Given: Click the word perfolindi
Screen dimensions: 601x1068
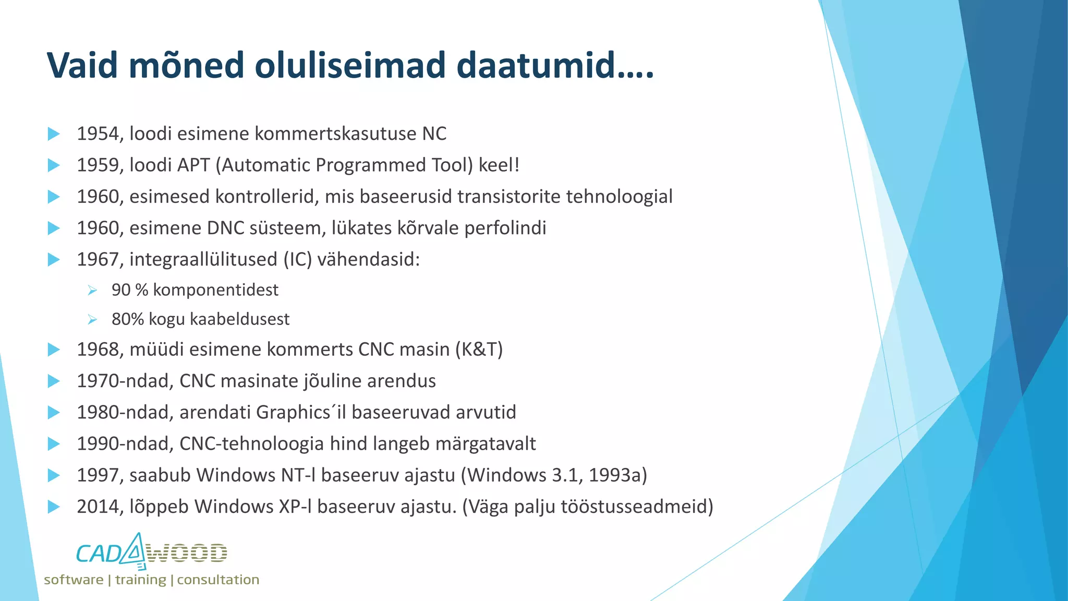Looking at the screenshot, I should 505,228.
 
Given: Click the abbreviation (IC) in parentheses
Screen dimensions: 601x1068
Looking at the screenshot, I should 297,259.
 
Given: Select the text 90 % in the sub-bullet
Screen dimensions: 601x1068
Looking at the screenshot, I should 129,290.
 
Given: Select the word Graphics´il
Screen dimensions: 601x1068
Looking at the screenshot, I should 301,413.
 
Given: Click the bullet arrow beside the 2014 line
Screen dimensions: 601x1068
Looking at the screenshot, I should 54,507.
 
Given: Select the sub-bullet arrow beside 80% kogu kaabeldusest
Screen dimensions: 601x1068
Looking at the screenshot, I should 92,319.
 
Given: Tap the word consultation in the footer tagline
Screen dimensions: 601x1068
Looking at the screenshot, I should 218,580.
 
